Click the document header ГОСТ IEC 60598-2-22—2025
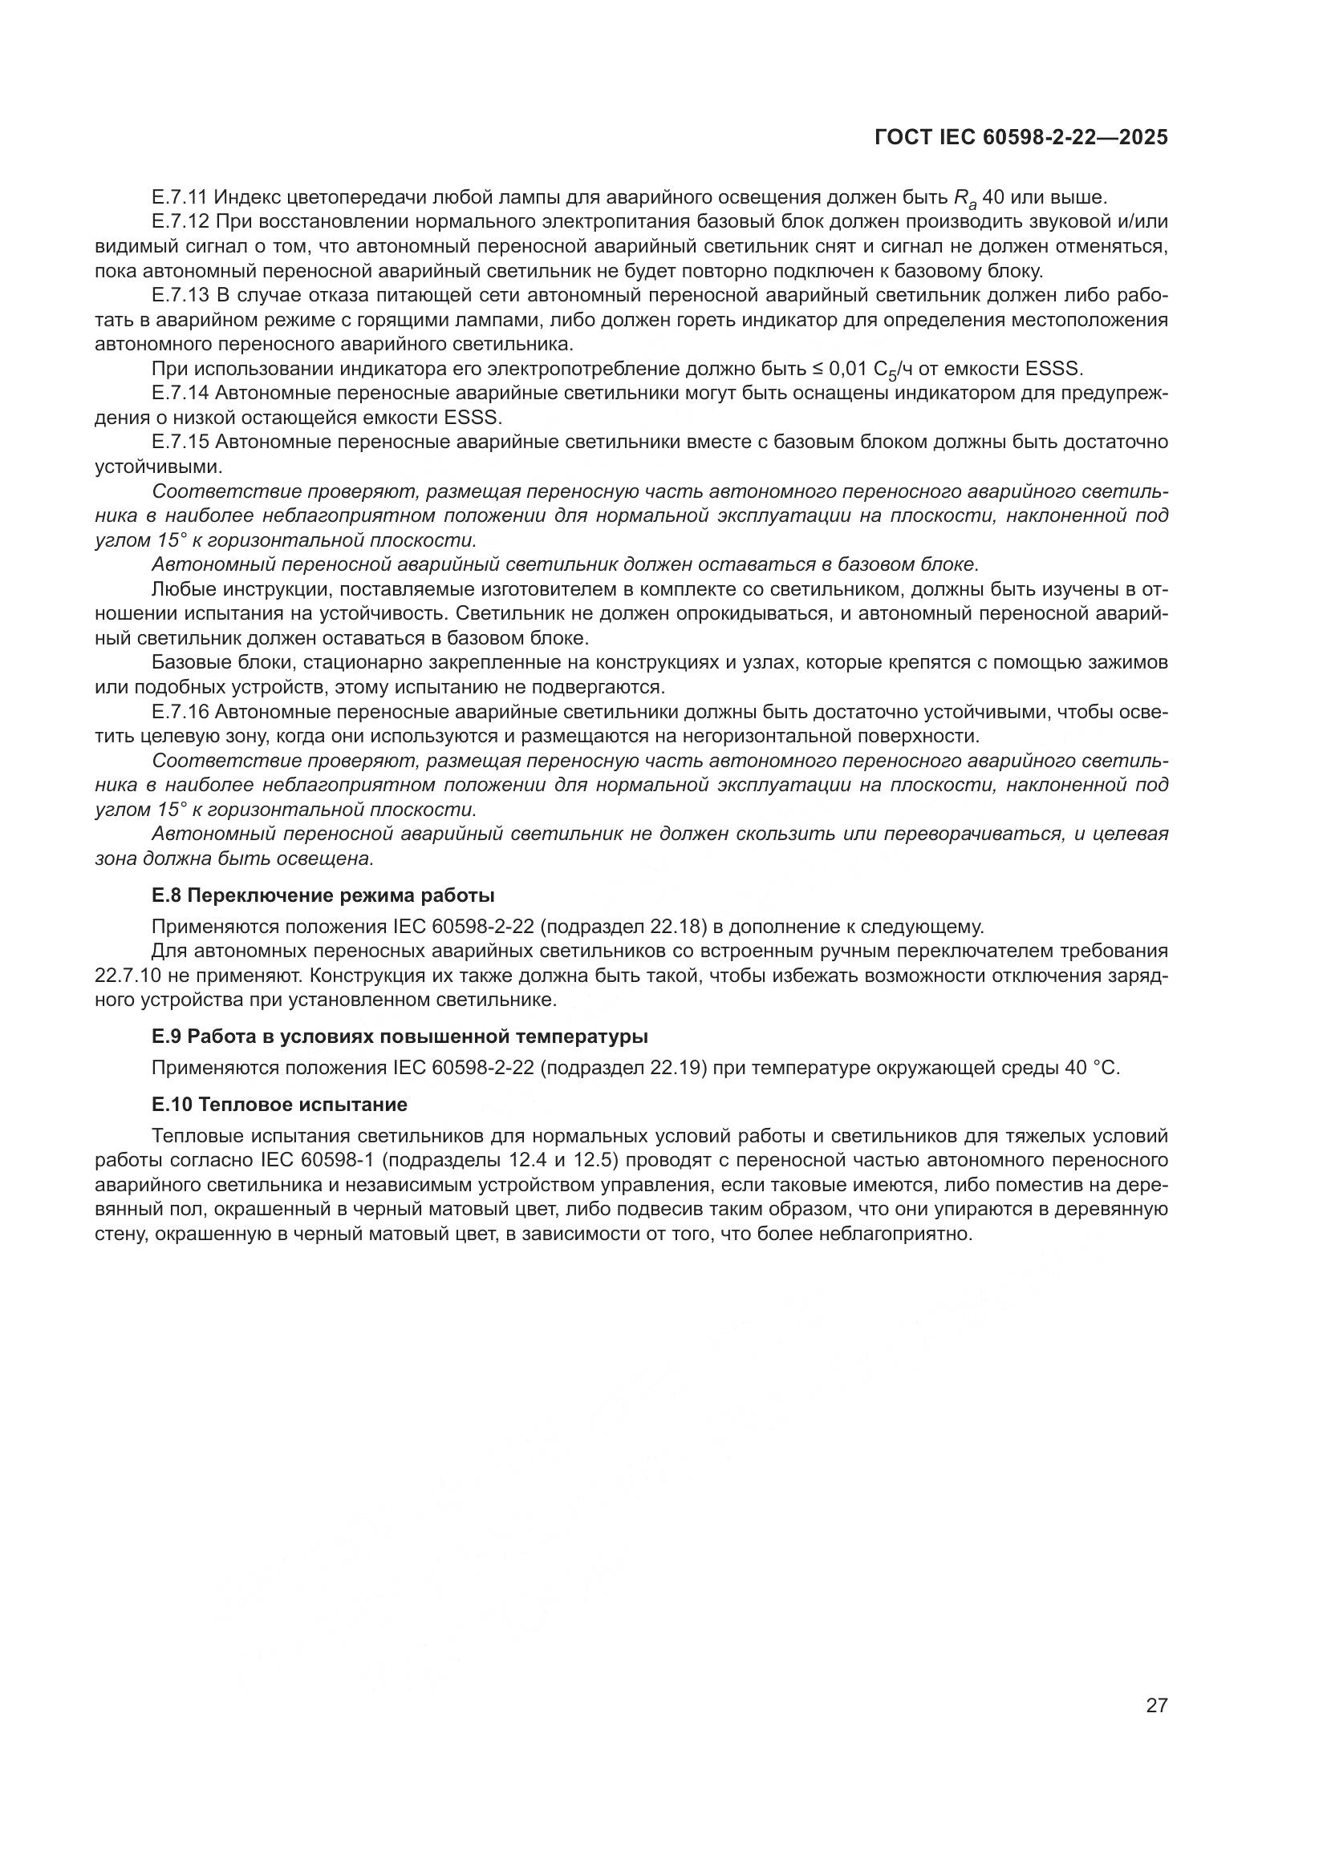click(x=1021, y=138)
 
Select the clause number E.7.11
click(x=180, y=197)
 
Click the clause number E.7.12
click(x=180, y=221)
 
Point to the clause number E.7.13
click(x=180, y=295)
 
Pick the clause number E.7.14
click(x=180, y=393)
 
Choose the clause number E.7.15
click(x=180, y=442)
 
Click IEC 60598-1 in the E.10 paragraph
click(x=315, y=1161)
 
